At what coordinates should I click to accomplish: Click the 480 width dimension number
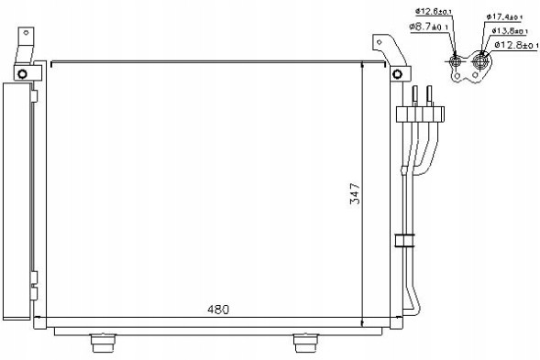[x=217, y=309]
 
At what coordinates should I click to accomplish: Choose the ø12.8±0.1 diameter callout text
[x=514, y=44]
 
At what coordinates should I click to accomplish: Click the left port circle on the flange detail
[x=455, y=62]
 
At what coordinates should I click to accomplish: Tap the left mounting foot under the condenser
[x=102, y=343]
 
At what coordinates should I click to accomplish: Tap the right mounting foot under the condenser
[x=306, y=343]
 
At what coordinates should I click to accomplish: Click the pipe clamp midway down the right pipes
[x=403, y=242]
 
